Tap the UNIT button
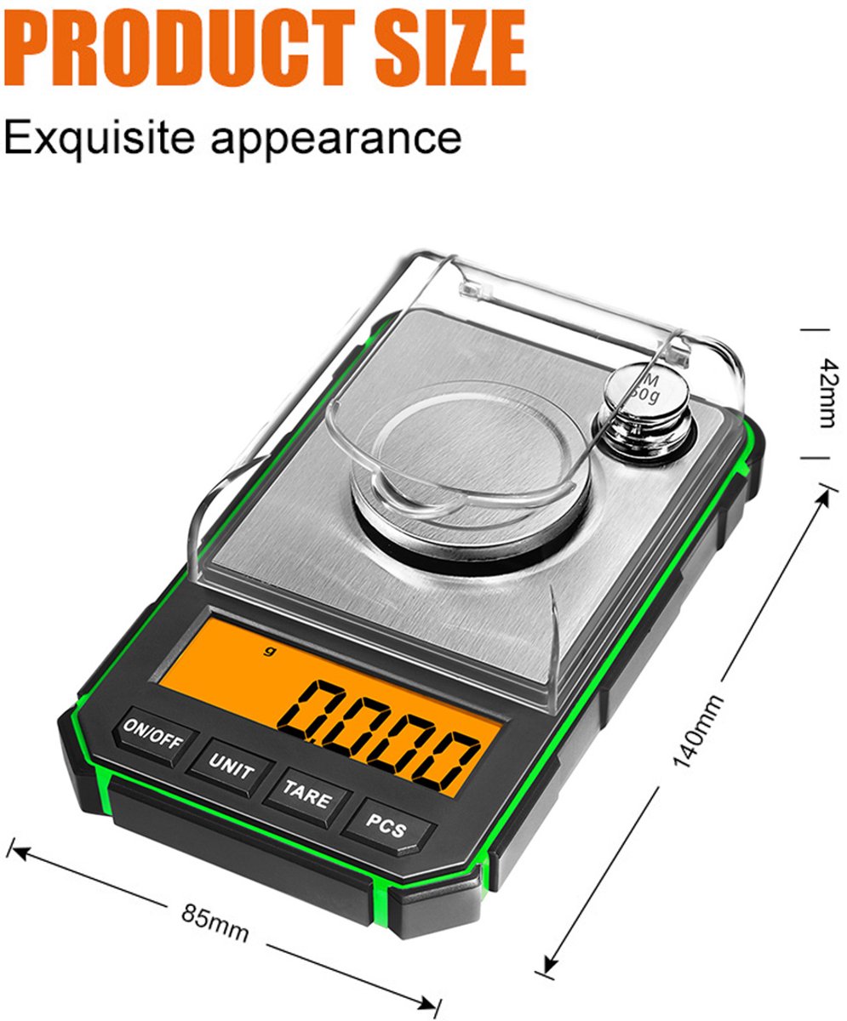230,767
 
